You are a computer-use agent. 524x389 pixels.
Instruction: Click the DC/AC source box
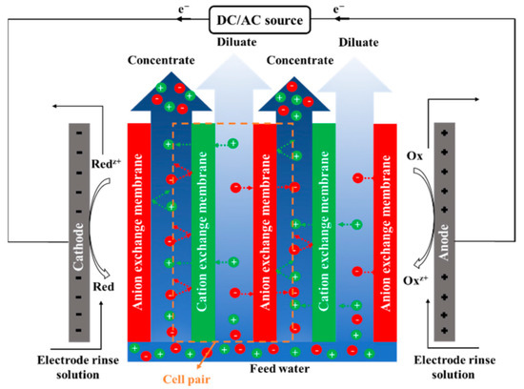tap(261, 18)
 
